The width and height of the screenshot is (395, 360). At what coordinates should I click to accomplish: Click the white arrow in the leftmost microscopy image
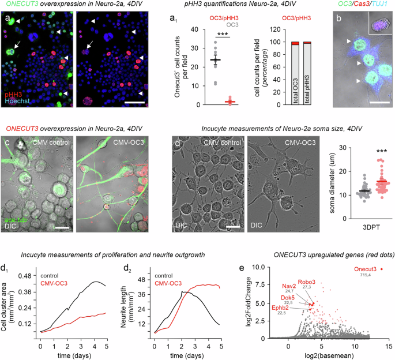[x=21, y=44]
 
